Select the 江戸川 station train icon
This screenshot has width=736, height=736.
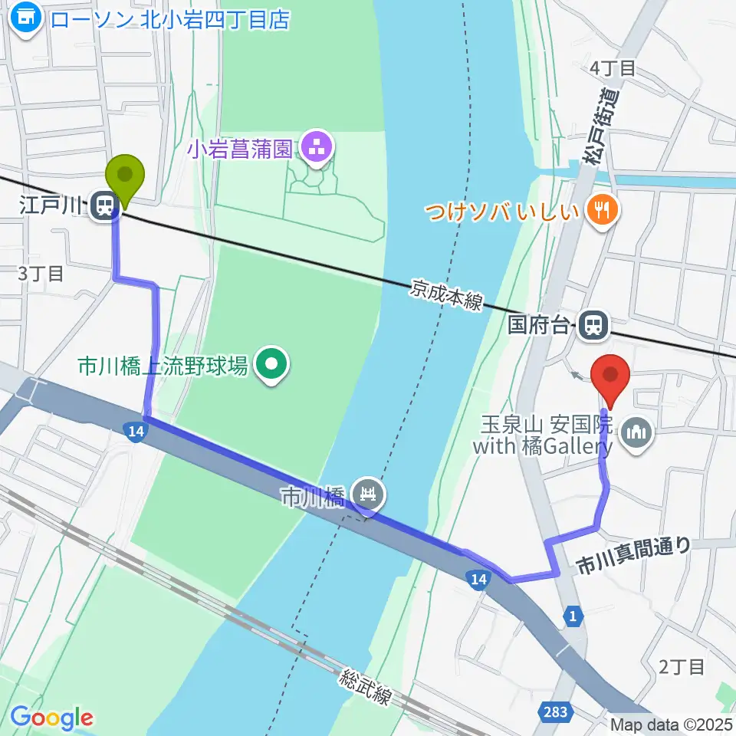104,205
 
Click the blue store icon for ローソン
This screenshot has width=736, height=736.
26,18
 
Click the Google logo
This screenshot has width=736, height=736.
51,718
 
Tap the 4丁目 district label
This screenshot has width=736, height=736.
613,68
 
